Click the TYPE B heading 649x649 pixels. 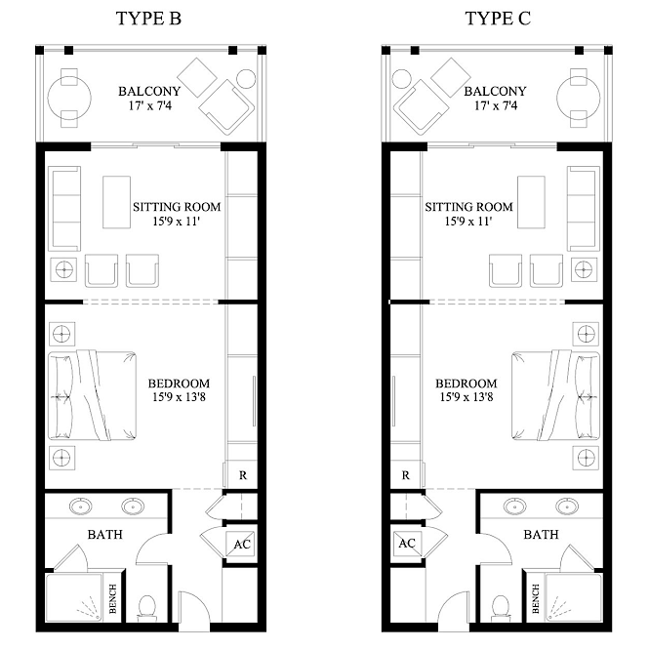(x=148, y=19)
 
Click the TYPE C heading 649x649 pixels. (x=498, y=19)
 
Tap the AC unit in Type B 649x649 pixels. (x=240, y=544)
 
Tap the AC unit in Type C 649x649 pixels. (x=408, y=544)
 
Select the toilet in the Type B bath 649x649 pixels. (x=147, y=608)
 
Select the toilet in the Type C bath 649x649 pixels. (x=501, y=608)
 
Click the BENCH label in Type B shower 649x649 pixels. (x=112, y=598)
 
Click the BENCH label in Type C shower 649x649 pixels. (x=536, y=598)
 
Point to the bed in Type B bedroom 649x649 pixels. (x=93, y=395)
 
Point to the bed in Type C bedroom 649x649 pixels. (x=555, y=395)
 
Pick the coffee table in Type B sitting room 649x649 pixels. (x=117, y=202)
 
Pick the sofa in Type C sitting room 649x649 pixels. (x=584, y=209)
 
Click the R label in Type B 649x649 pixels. (x=243, y=475)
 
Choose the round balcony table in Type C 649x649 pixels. (x=578, y=99)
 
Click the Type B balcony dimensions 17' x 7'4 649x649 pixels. (x=150, y=105)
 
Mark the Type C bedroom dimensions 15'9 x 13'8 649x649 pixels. (x=466, y=397)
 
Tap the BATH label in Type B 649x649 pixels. (x=105, y=535)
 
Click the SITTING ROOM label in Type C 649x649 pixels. (x=469, y=207)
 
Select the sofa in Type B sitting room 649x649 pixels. (x=64, y=209)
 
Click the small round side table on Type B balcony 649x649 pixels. (x=246, y=79)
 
